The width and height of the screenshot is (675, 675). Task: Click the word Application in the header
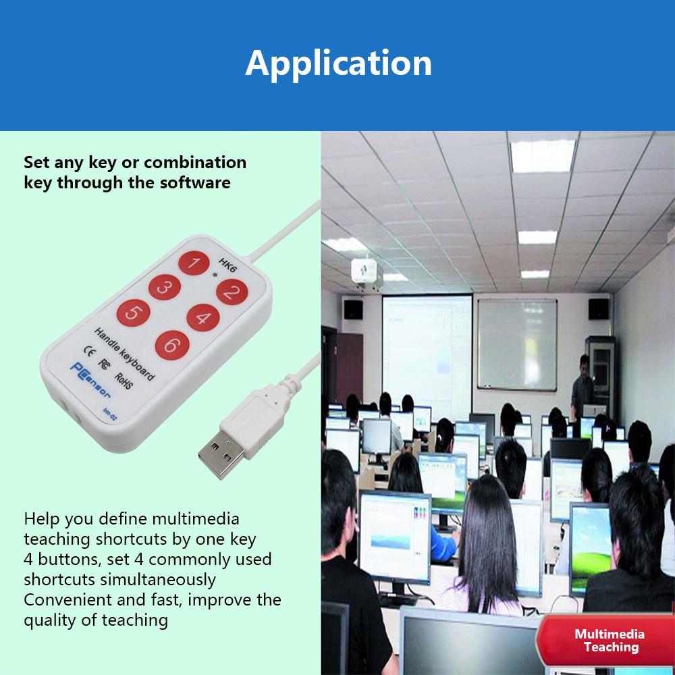point(338,63)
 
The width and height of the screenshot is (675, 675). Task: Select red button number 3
point(164,288)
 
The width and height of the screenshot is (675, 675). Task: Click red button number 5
point(133,313)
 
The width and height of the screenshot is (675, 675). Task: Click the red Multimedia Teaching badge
point(609,641)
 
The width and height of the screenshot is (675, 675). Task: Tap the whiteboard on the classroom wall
point(517,344)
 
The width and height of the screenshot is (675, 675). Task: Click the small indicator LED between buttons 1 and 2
point(215,275)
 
